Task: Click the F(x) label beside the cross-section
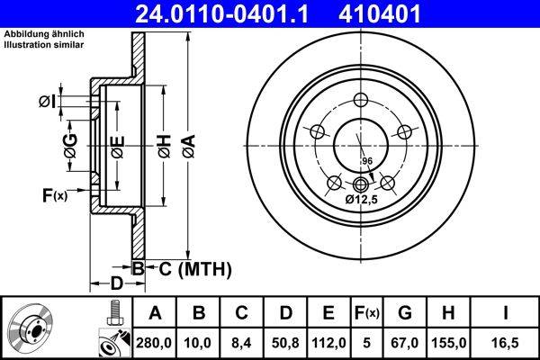point(54,195)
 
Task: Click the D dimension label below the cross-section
point(116,283)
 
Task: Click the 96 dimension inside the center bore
point(366,161)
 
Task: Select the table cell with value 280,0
point(154,342)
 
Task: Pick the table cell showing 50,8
point(286,342)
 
